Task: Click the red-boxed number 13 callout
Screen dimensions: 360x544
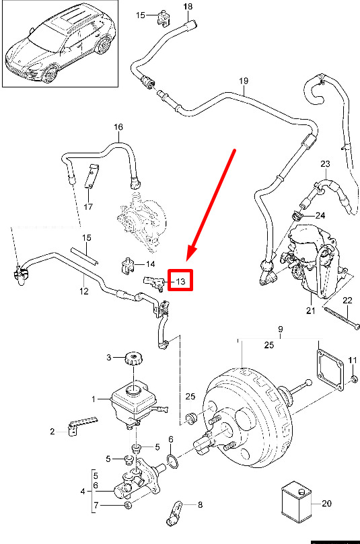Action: point(180,280)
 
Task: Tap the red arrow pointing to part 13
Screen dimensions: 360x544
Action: point(211,205)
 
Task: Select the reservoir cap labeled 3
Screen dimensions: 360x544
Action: point(134,358)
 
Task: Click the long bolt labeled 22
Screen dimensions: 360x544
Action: point(342,317)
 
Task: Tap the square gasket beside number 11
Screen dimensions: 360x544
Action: point(330,370)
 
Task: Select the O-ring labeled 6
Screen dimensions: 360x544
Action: point(173,461)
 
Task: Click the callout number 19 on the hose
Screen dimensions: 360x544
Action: point(244,81)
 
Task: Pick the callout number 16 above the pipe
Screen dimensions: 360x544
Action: point(118,126)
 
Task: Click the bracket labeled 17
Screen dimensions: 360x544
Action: point(92,176)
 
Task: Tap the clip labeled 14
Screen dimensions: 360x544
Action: point(128,265)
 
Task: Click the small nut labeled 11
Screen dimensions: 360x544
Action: point(354,379)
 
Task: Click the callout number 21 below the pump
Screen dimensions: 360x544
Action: point(310,310)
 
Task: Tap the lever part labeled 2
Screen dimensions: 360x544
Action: point(82,425)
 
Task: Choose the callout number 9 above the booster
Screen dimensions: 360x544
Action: point(280,329)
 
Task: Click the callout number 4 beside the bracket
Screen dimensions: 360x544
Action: point(83,492)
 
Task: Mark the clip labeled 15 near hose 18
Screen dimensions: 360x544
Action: point(162,17)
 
